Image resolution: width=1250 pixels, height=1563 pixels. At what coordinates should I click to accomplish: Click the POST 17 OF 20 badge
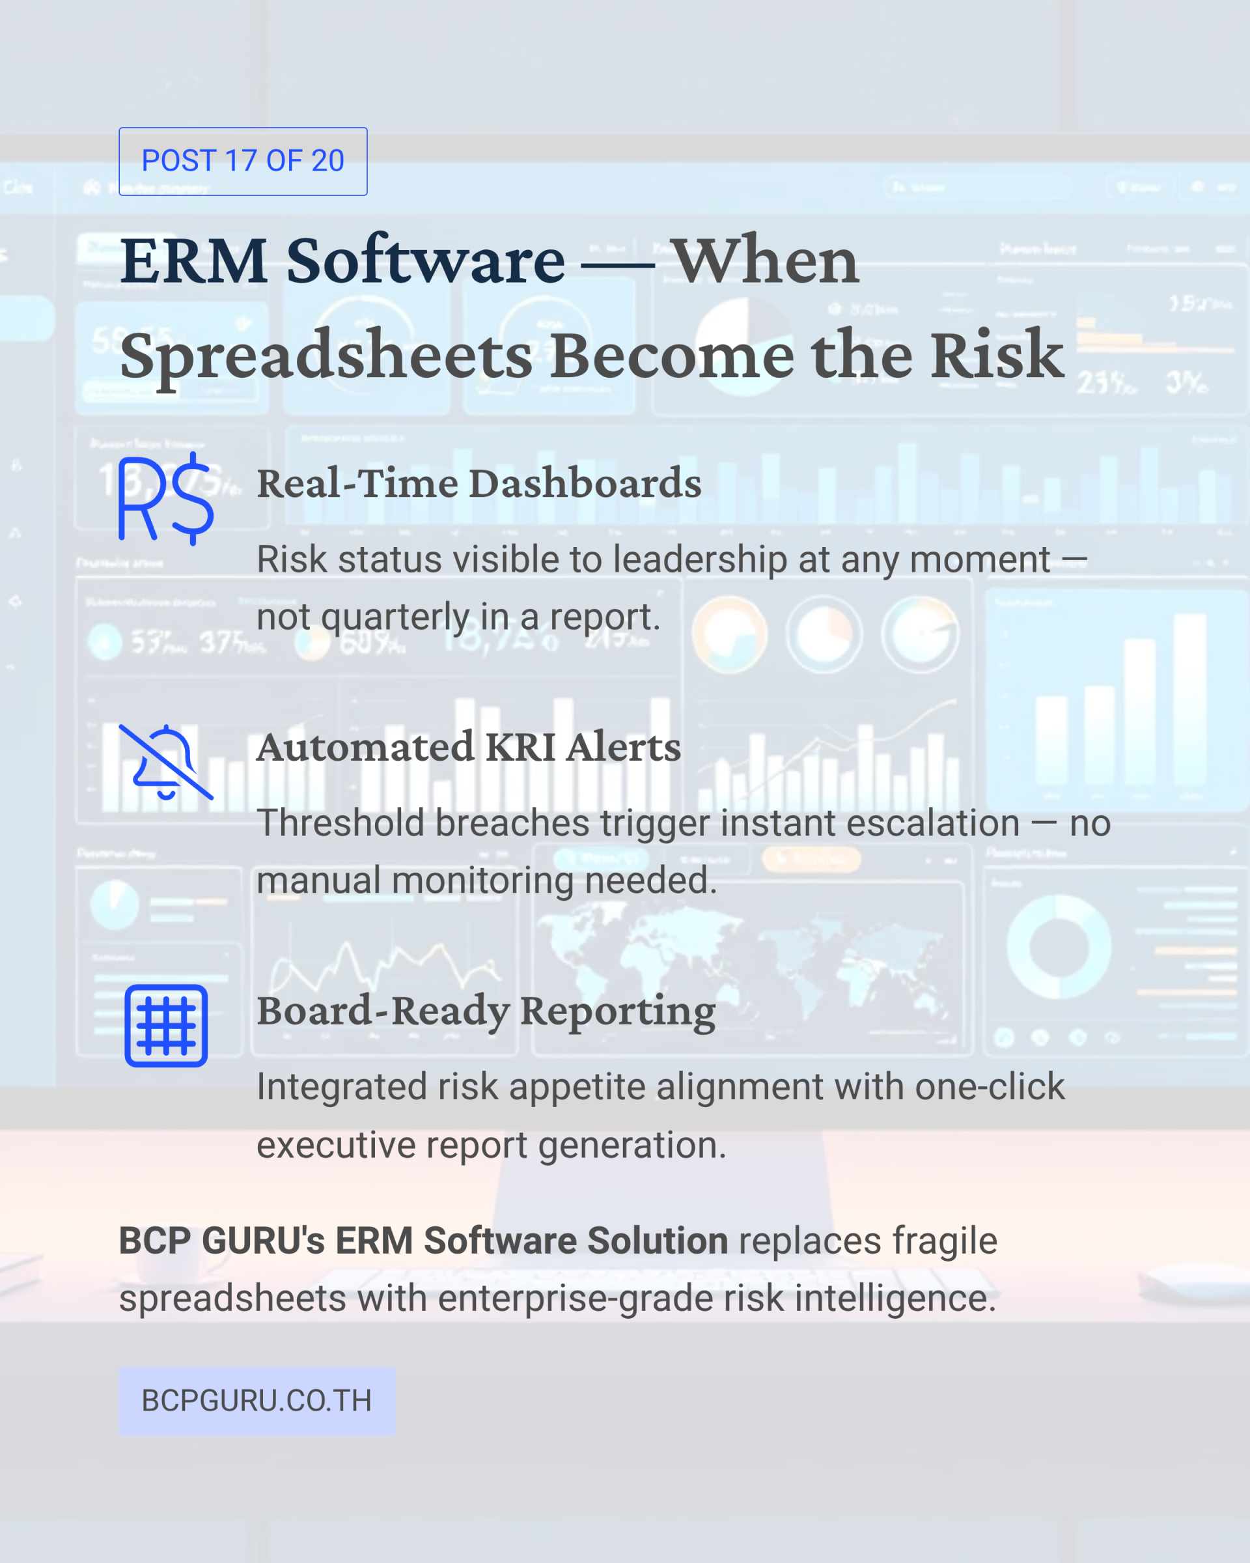pyautogui.click(x=243, y=161)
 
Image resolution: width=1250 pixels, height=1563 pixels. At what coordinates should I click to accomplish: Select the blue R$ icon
pyautogui.click(x=166, y=499)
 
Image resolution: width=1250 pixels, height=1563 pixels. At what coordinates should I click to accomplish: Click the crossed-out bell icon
pyautogui.click(x=166, y=762)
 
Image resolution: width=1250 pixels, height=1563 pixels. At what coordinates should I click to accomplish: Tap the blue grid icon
pyautogui.click(x=166, y=1026)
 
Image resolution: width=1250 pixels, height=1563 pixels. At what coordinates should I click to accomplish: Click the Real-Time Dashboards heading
pyautogui.click(x=479, y=483)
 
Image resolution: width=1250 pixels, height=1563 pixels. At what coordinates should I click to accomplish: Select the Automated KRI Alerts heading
pyautogui.click(x=469, y=747)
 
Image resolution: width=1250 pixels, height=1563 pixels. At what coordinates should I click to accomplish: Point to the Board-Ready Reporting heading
pyautogui.click(x=486, y=1012)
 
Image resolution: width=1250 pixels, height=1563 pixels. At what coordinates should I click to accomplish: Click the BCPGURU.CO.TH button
pyautogui.click(x=257, y=1401)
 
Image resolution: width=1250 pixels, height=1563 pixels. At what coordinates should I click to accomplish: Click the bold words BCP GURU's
pyautogui.click(x=222, y=1241)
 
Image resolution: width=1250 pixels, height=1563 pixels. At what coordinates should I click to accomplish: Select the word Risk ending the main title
pyautogui.click(x=998, y=355)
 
